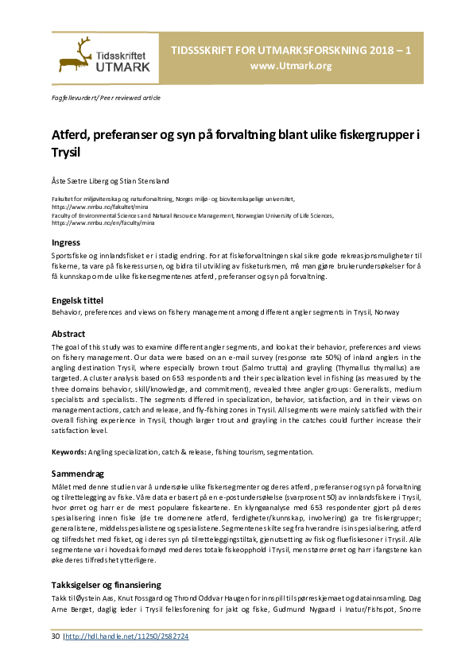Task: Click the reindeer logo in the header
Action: [x=74, y=55]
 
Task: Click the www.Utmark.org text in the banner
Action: [x=290, y=65]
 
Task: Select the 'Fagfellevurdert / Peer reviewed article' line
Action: [x=106, y=98]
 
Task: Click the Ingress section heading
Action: [x=66, y=242]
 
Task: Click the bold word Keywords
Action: [x=68, y=451]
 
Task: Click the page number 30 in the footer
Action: [x=55, y=636]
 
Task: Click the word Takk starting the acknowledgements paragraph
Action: [x=60, y=597]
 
